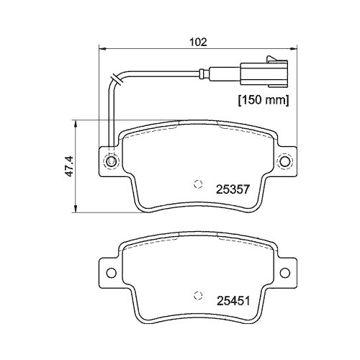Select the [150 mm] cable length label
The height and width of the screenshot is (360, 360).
[264, 100]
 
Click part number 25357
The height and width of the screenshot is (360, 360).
[233, 191]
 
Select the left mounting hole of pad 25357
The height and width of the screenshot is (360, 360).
[110, 162]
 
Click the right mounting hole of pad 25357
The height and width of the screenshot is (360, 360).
[287, 162]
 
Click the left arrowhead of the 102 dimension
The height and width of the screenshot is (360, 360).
[102, 50]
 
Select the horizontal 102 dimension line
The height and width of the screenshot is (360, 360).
[158, 50]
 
